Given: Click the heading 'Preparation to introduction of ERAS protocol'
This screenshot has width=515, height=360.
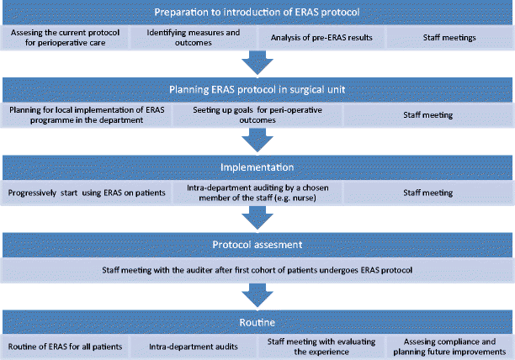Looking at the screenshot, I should [257, 12].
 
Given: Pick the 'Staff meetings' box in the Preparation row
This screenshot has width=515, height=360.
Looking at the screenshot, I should [449, 37].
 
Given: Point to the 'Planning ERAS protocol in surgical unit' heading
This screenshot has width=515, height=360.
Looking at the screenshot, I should [257, 90].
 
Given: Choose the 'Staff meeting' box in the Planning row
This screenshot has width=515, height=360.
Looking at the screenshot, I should [427, 114].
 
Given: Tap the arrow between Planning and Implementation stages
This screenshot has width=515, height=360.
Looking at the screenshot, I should [257, 140].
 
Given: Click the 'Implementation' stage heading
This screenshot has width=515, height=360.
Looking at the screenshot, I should [257, 167].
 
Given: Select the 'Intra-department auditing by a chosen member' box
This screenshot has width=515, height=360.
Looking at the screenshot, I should [257, 192].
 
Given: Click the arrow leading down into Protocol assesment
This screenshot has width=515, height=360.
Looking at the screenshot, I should [257, 218].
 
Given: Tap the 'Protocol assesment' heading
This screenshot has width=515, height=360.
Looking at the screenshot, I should [257, 244].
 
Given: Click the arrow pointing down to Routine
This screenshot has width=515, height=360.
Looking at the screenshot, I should [257, 295].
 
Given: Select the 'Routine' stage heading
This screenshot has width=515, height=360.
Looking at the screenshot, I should [257, 321].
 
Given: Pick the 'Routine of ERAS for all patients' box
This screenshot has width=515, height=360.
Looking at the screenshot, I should [65, 346].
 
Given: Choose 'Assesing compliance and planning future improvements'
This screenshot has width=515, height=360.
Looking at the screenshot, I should [449, 346].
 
